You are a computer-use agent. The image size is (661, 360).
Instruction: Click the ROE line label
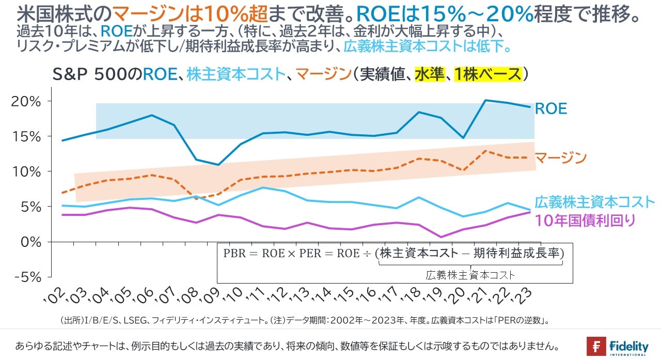coord(550,109)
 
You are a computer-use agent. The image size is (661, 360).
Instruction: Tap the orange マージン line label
coord(560,157)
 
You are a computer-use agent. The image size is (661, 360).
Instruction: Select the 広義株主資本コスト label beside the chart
coord(594,202)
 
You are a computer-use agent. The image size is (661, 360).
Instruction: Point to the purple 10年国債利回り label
coord(585,220)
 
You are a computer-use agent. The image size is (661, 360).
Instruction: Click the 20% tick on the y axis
coord(26,101)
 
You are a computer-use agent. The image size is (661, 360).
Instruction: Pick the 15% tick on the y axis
coord(26,136)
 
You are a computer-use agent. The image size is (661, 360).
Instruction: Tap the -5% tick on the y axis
coord(26,277)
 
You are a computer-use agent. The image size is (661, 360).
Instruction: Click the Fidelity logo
coord(617,346)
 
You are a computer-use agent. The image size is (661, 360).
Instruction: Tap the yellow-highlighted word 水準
coord(430,75)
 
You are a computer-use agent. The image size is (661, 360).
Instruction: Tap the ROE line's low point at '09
coord(218,165)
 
